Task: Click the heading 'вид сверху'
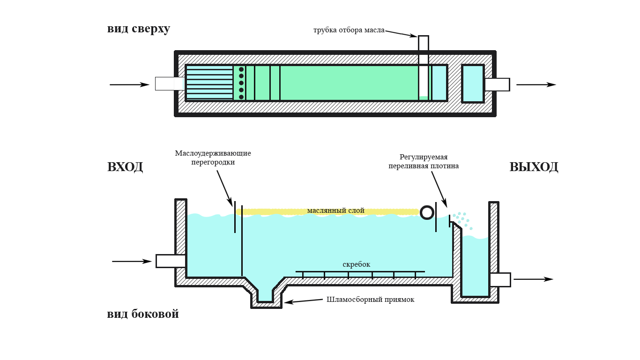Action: tap(139, 29)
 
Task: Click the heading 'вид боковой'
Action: tap(143, 314)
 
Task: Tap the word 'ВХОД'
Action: tap(125, 167)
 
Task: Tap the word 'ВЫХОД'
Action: tap(534, 167)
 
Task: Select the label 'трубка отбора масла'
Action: tap(349, 30)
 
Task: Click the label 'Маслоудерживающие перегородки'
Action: tap(213, 157)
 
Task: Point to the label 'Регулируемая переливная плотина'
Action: tap(422, 161)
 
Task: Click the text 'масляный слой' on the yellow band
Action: tap(335, 211)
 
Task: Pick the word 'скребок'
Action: tap(357, 264)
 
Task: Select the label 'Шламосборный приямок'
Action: tap(370, 300)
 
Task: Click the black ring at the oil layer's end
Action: tap(427, 212)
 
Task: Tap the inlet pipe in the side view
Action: tap(171, 261)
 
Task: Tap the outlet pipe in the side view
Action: tap(500, 279)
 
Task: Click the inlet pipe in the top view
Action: tap(169, 83)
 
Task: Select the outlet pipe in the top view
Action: tap(497, 84)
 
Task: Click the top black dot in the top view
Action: tap(241, 69)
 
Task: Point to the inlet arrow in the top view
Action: tap(129, 85)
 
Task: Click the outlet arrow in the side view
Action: tap(533, 279)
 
